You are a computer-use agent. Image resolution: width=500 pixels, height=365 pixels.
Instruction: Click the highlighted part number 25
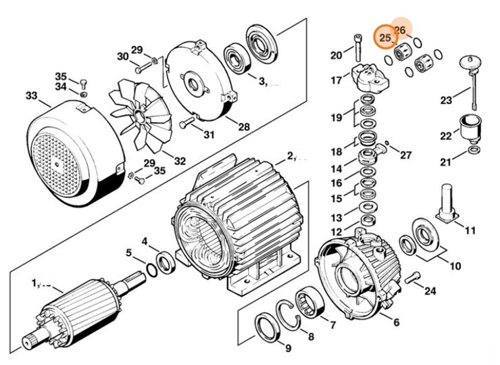coord(385,38)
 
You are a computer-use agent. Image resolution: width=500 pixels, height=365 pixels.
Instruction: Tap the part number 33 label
coord(32,96)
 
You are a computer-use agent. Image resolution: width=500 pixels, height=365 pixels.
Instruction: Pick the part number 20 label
coord(336,55)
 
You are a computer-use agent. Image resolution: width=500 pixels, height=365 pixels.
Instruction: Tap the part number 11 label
coord(470,230)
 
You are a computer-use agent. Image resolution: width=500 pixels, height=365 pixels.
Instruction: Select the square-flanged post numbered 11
coord(447,202)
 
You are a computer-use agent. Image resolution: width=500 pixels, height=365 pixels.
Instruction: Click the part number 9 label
coord(288,349)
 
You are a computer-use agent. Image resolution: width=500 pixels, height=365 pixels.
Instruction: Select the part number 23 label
coord(445,101)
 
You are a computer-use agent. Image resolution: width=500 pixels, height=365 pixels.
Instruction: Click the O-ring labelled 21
coord(474,149)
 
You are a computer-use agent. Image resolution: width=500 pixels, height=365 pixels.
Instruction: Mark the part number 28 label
coord(243,126)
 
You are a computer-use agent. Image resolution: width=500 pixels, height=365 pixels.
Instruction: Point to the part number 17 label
coord(336,80)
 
